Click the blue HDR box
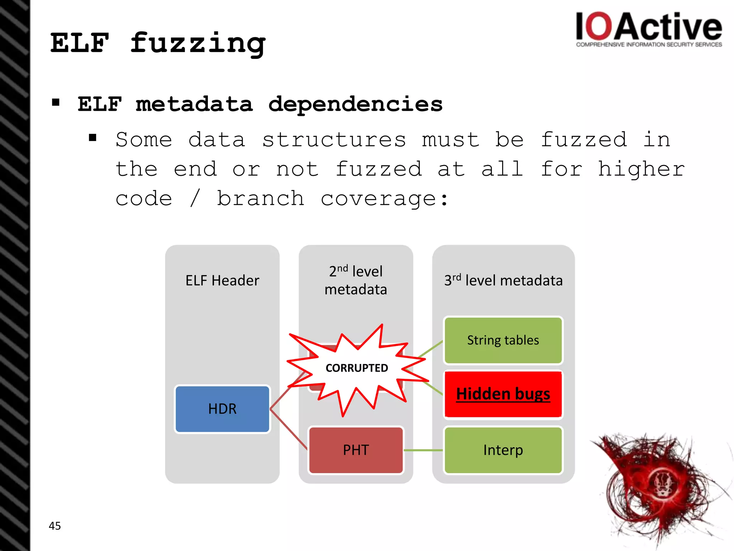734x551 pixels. pyautogui.click(x=222, y=409)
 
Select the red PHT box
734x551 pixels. pyautogui.click(x=356, y=450)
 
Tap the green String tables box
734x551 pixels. pyautogui.click(x=503, y=340)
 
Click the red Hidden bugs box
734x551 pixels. pyautogui.click(x=503, y=394)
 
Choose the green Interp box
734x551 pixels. pyautogui.click(x=503, y=450)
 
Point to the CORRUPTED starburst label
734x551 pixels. pyautogui.click(x=357, y=368)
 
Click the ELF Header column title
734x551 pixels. pyautogui.click(x=222, y=281)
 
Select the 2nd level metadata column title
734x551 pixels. pyautogui.click(x=356, y=281)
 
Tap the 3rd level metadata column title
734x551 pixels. pyautogui.click(x=503, y=281)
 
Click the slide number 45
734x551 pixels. pyautogui.click(x=55, y=526)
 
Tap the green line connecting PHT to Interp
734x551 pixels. pyautogui.click(x=423, y=450)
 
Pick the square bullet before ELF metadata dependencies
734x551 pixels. pyautogui.click(x=56, y=103)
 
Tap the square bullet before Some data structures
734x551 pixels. pyautogui.click(x=93, y=138)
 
